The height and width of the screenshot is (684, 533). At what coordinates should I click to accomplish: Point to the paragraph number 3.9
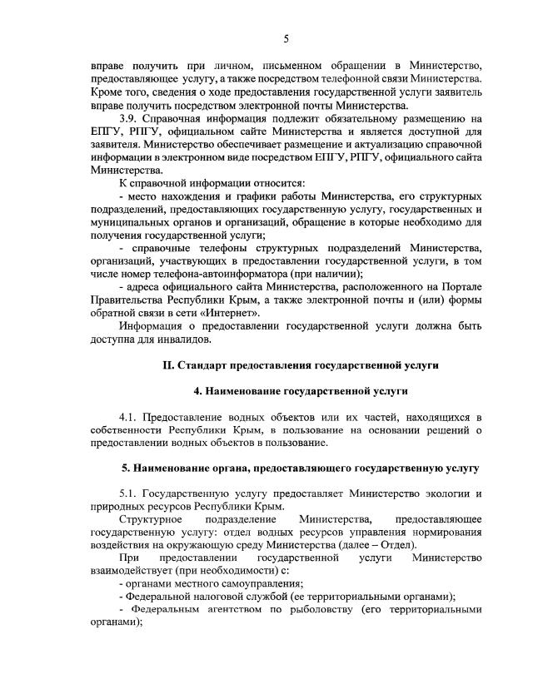tap(132, 118)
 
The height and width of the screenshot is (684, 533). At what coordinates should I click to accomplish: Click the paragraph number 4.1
tap(131, 416)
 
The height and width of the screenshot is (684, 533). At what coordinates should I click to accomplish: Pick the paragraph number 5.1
tap(131, 493)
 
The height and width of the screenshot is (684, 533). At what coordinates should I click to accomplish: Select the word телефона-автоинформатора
tap(191, 274)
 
